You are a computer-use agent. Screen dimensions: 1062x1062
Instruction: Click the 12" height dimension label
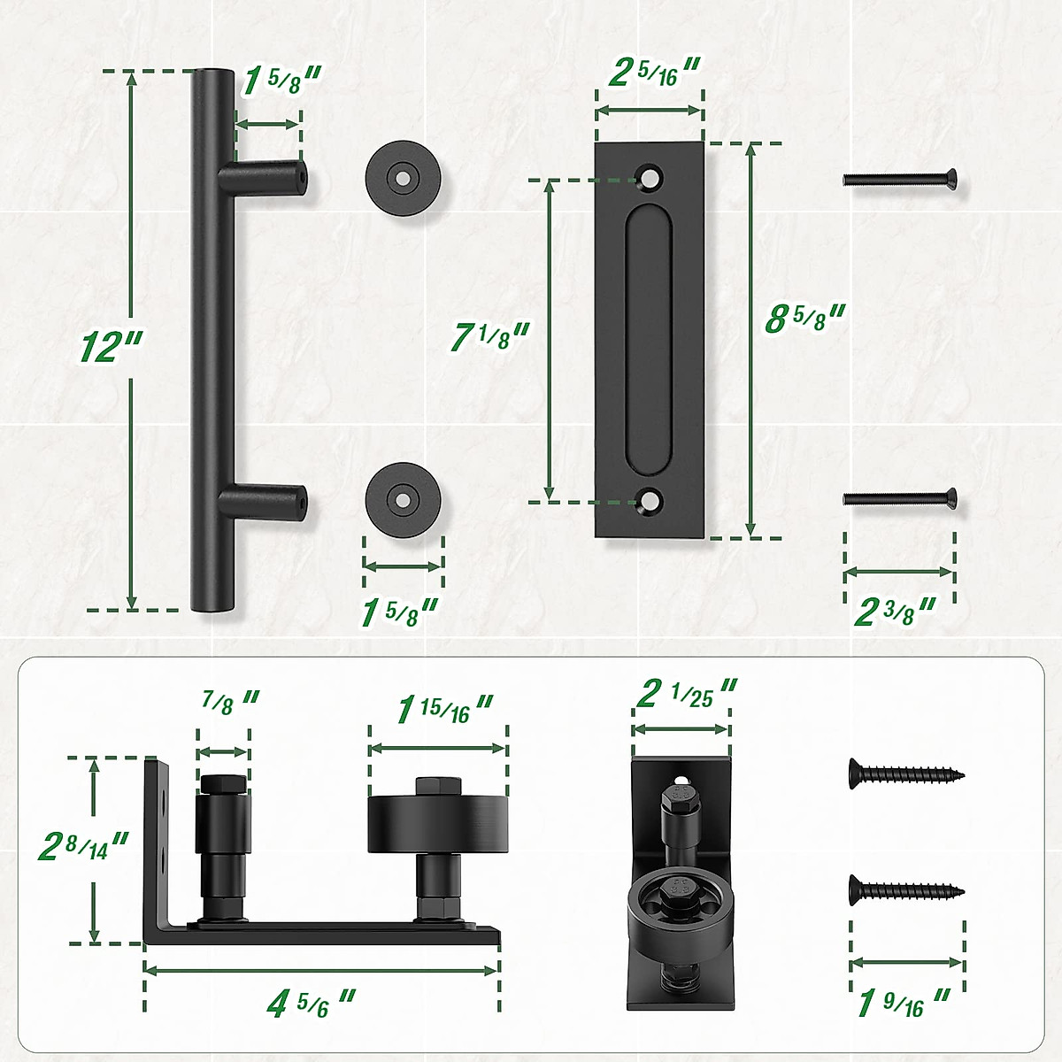pos(110,345)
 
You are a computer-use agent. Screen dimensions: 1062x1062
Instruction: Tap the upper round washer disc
pos(404,177)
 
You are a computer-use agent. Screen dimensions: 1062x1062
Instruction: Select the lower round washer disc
pos(404,499)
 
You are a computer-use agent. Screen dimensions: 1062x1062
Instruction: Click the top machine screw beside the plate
pos(899,180)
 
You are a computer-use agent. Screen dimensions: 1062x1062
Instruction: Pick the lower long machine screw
pos(899,498)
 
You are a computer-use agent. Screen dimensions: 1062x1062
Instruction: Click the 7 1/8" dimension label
pos(489,336)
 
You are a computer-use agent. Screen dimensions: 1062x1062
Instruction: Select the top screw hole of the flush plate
pos(651,177)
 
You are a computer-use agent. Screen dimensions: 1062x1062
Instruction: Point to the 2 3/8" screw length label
pos(894,611)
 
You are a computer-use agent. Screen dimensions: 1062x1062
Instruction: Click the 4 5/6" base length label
pos(310,1004)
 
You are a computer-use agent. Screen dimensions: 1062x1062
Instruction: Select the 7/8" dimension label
pos(228,701)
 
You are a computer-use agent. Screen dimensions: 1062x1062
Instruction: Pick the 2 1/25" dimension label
pos(686,694)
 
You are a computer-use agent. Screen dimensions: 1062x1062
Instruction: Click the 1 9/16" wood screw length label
pos(903,1004)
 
